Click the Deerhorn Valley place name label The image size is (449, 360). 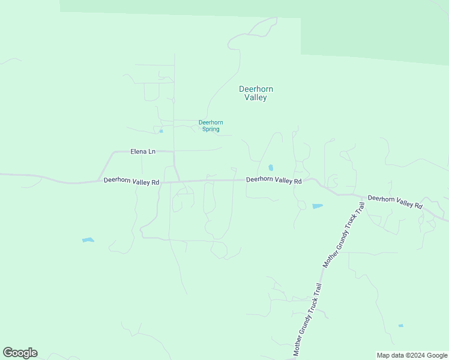(x=256, y=93)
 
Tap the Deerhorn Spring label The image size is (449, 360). (x=211, y=125)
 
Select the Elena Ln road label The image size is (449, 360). (x=143, y=151)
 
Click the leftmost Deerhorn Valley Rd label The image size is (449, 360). (x=131, y=181)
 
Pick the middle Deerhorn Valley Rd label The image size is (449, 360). (x=274, y=179)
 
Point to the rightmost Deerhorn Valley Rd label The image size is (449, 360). (x=395, y=202)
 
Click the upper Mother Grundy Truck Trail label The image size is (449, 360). (x=345, y=235)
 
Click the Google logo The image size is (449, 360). (x=20, y=353)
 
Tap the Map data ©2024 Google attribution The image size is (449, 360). (x=412, y=355)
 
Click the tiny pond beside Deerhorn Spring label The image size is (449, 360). (x=161, y=131)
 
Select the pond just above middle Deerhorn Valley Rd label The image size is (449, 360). (x=271, y=167)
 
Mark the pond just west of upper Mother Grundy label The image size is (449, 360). (x=317, y=206)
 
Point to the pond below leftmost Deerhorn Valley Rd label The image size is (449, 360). (x=88, y=240)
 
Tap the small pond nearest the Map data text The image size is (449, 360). (x=400, y=326)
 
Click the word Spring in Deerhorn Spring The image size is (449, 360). (x=211, y=129)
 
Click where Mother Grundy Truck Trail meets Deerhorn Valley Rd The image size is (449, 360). (x=364, y=197)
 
